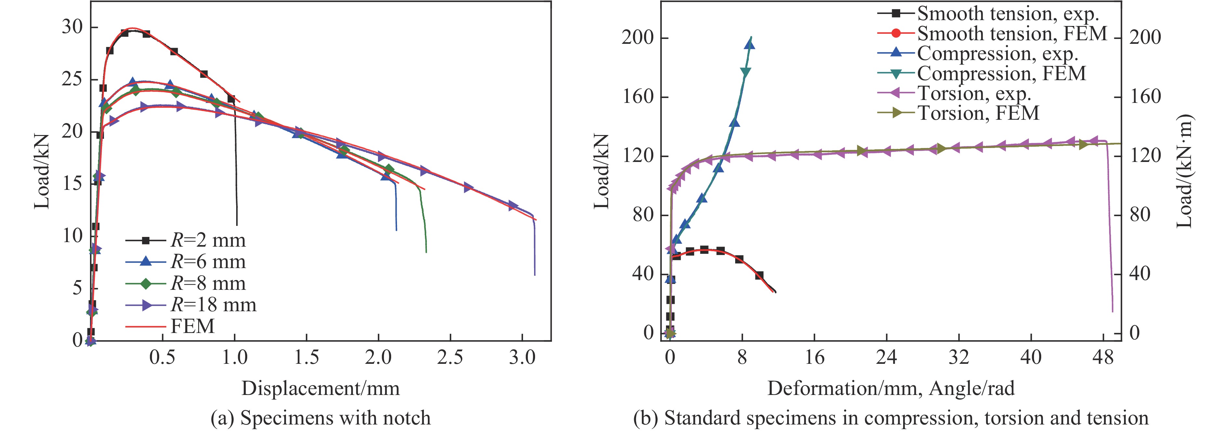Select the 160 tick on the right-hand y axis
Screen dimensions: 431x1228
(1145, 97)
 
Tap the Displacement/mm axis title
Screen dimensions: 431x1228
(320, 388)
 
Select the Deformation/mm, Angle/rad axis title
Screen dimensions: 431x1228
(890, 388)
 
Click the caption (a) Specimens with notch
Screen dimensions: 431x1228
(320, 418)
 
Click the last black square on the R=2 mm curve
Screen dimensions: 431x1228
(232, 99)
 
